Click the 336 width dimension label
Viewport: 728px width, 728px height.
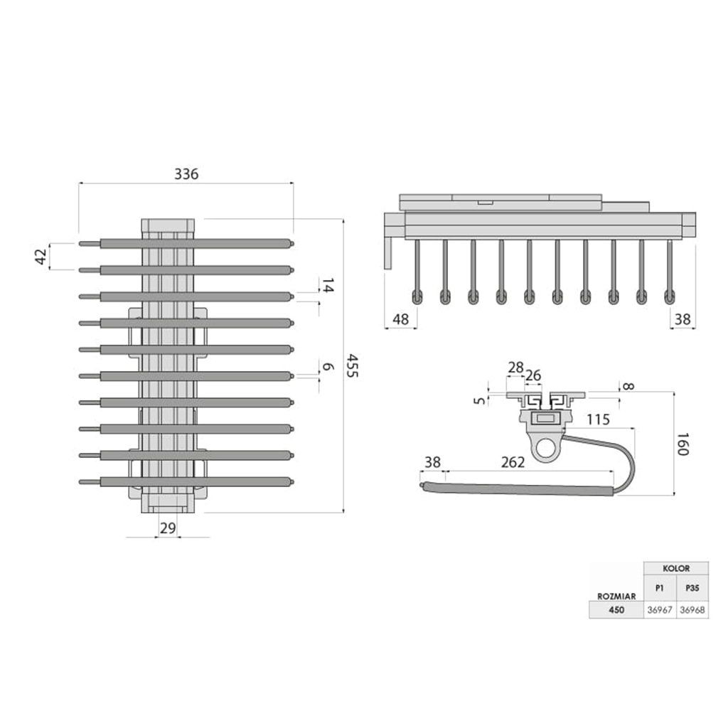186,174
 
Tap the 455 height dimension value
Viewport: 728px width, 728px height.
353,366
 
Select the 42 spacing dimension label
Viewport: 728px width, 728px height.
41,257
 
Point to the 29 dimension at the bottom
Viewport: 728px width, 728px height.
168,528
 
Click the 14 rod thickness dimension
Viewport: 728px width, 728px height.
328,286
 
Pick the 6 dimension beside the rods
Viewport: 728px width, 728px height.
328,367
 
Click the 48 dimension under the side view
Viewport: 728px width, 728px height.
401,319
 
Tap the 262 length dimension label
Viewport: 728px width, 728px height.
513,462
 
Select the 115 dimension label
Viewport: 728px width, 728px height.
597,419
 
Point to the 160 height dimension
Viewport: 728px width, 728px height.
682,444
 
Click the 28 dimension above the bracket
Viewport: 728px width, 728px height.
516,368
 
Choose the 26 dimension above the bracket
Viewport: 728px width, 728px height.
533,375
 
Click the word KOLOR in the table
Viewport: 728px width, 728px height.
676,568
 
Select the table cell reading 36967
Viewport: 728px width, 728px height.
660,610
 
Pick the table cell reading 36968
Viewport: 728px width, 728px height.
692,610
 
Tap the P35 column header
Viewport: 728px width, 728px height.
692,588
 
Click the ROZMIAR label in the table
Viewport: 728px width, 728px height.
616,596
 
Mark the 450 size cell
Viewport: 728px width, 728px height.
616,610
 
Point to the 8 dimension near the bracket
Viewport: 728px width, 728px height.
628,386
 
